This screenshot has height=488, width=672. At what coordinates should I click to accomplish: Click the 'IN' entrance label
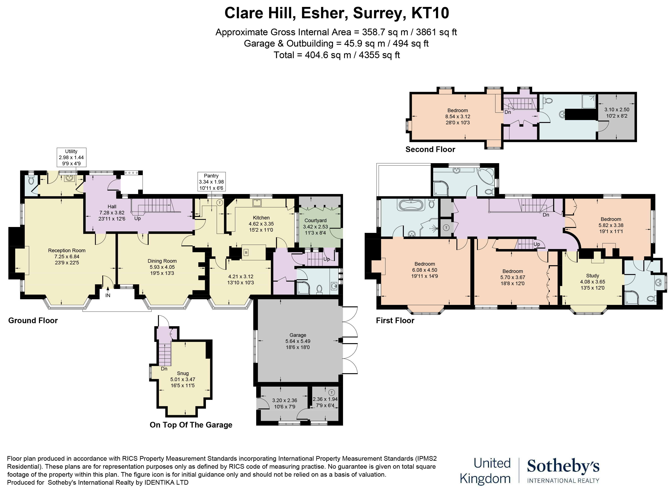108,295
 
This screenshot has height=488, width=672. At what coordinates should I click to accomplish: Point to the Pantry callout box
211,182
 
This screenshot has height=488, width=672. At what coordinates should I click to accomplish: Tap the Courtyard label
315,220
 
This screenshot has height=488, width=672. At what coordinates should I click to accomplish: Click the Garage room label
298,335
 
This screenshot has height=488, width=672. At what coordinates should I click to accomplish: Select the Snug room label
183,373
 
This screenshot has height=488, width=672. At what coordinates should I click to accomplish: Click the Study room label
592,275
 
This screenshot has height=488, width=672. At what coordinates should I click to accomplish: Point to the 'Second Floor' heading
430,150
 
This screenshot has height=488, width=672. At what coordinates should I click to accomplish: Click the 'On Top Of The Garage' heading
191,425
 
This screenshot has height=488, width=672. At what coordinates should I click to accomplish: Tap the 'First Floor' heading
395,320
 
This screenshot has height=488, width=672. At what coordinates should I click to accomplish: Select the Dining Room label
162,261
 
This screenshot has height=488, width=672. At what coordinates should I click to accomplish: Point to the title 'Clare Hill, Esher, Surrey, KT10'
337,13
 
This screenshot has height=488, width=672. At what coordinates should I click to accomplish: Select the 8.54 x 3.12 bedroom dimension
458,117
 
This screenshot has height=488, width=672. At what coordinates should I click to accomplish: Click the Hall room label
112,206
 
